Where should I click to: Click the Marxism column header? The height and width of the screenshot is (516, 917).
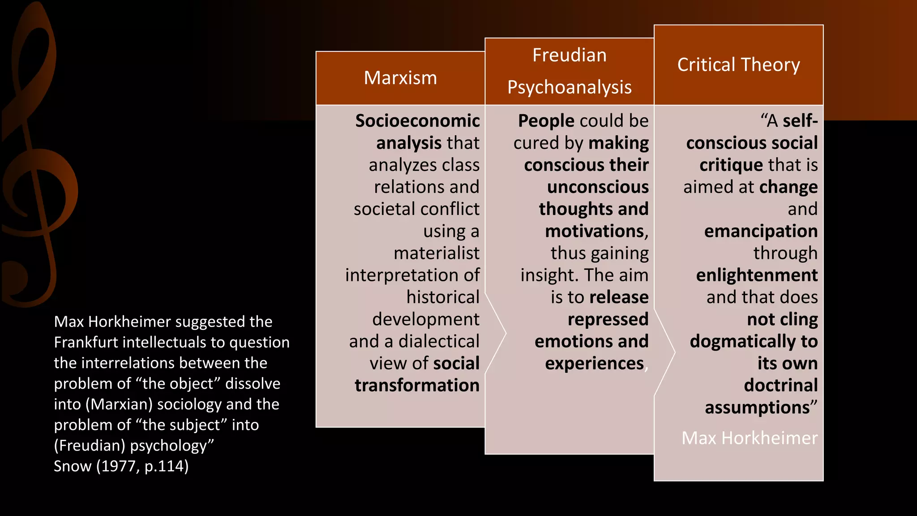click(x=400, y=78)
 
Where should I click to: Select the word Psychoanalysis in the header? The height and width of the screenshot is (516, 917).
click(x=569, y=87)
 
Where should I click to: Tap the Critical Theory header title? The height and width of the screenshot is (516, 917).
click(x=738, y=65)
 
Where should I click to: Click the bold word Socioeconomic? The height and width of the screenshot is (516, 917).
click(x=417, y=121)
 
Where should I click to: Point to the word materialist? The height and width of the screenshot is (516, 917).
click(x=437, y=253)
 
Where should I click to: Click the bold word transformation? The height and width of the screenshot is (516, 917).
click(x=417, y=386)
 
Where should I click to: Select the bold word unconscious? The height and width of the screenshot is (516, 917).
click(x=598, y=187)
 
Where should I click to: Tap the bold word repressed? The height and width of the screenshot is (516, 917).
click(x=608, y=319)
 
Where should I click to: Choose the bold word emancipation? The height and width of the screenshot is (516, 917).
click(x=761, y=231)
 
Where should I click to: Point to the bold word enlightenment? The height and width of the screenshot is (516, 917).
click(x=757, y=275)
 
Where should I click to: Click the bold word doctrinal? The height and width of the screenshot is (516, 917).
click(x=780, y=386)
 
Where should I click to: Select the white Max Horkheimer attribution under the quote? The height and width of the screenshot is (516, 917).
click(x=749, y=438)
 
